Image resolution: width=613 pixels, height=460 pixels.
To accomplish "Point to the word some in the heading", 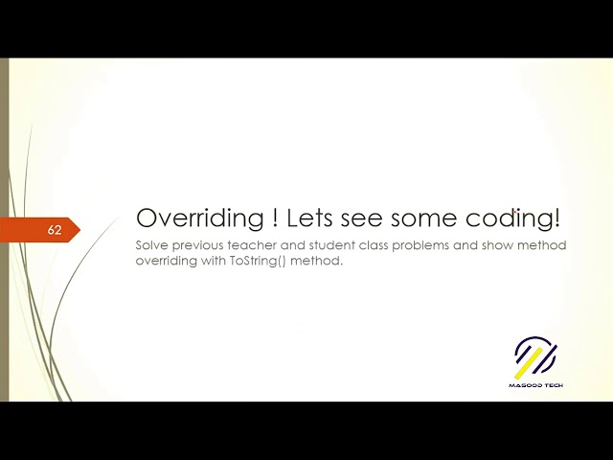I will pyautogui.click(x=442, y=218).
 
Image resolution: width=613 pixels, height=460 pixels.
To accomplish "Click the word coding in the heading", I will pyautogui.click(x=519, y=219).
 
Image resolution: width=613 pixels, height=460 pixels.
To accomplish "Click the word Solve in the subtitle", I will pyautogui.click(x=151, y=245).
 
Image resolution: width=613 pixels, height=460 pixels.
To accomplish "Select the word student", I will pyautogui.click(x=329, y=245).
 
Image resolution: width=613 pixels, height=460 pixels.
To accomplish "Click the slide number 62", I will pyautogui.click(x=55, y=231).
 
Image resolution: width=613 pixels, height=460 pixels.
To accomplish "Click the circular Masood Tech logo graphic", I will pyautogui.click(x=535, y=356).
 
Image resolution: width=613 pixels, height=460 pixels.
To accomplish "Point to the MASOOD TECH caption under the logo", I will pyautogui.click(x=535, y=384).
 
